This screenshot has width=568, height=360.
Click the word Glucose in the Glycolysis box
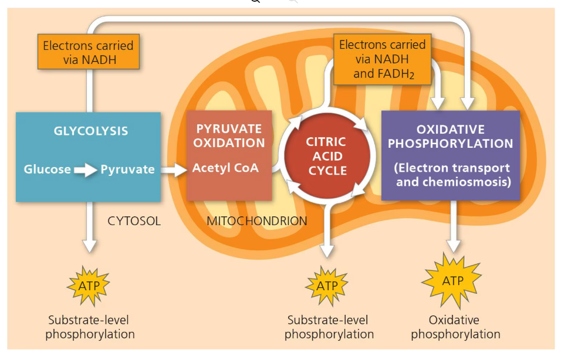(47, 170)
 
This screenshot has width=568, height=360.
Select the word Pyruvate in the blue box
(127, 170)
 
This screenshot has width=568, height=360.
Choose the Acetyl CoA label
(225, 168)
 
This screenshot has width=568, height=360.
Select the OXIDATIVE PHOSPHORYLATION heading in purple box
(450, 137)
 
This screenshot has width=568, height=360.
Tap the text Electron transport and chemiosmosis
(452, 175)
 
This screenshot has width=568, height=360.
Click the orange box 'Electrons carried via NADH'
(88, 52)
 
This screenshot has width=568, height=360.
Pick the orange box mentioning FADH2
(382, 59)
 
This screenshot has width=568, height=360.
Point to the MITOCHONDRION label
(256, 221)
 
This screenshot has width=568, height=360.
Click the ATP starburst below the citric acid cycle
(327, 286)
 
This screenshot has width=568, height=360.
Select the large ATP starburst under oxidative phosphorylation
(452, 281)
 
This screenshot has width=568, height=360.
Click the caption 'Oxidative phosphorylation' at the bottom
(455, 327)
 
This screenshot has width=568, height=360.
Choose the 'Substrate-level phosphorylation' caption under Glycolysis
(90, 327)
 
